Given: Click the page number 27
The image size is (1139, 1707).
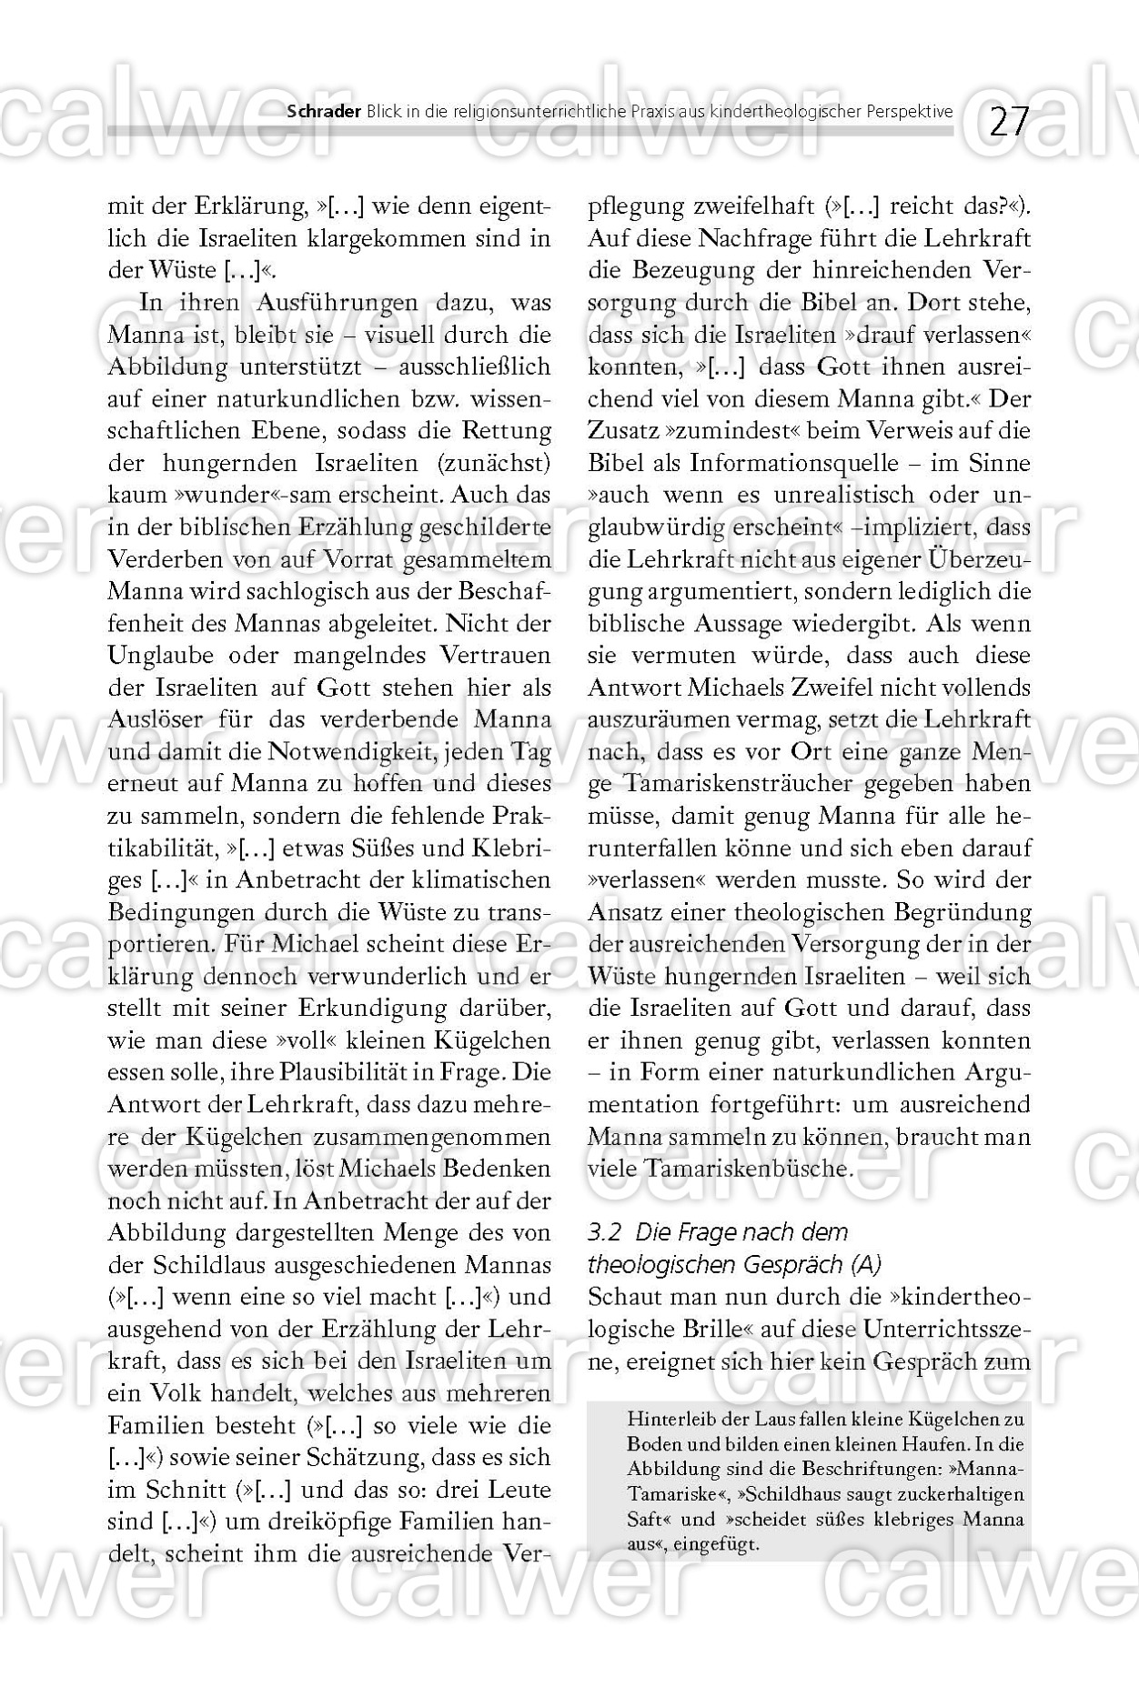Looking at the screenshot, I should pos(1008,121).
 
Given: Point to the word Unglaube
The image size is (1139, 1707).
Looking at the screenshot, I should pos(160,656).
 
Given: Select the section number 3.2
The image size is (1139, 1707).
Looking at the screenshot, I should pos(605,1233).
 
